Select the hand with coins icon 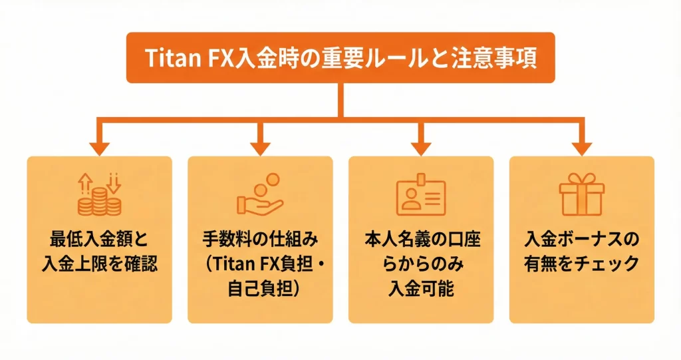(x=260, y=196)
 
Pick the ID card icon (x=421, y=196)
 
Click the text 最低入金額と (x=99, y=239)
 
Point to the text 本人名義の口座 (x=421, y=239)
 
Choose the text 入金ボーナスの (x=582, y=239)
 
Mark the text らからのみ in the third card (x=421, y=264)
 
